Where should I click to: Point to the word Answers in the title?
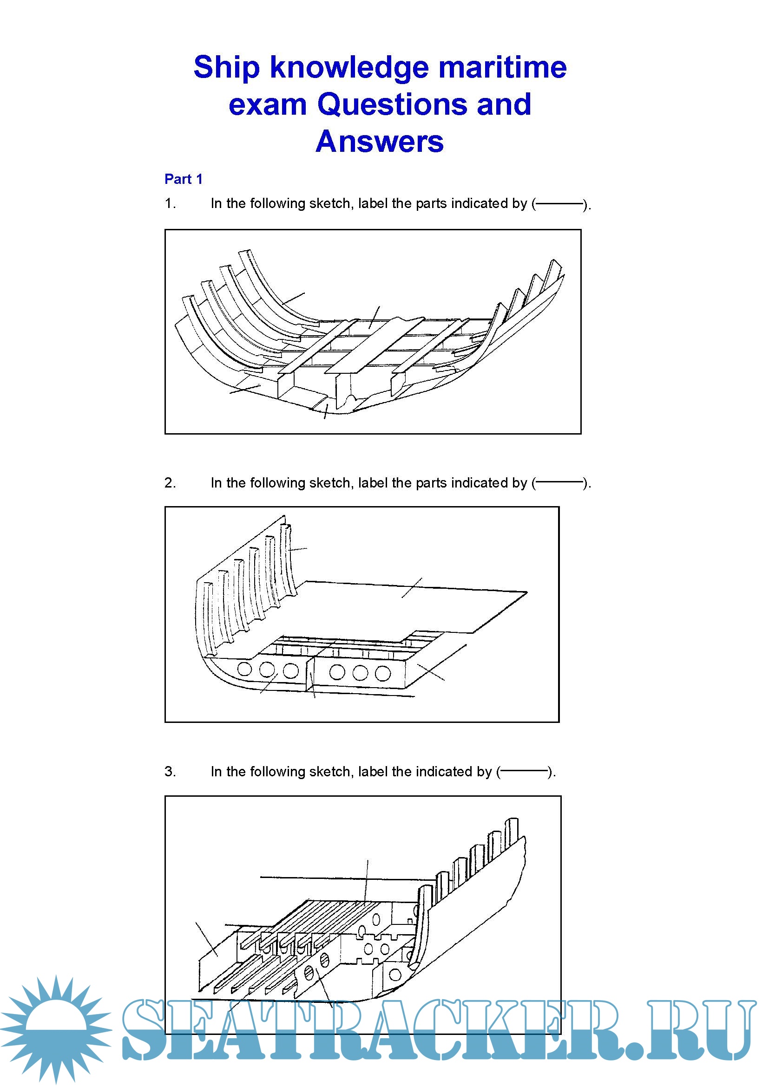pos(380,142)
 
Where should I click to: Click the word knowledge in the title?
pos(349,67)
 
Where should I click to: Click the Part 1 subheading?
pos(183,179)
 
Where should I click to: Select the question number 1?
pos(170,203)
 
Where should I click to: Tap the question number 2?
pos(170,483)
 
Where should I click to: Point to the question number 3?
pos(170,771)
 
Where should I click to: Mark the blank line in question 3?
pos(525,772)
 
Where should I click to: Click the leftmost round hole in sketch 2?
pos(245,669)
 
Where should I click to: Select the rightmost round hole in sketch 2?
pos(383,673)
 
